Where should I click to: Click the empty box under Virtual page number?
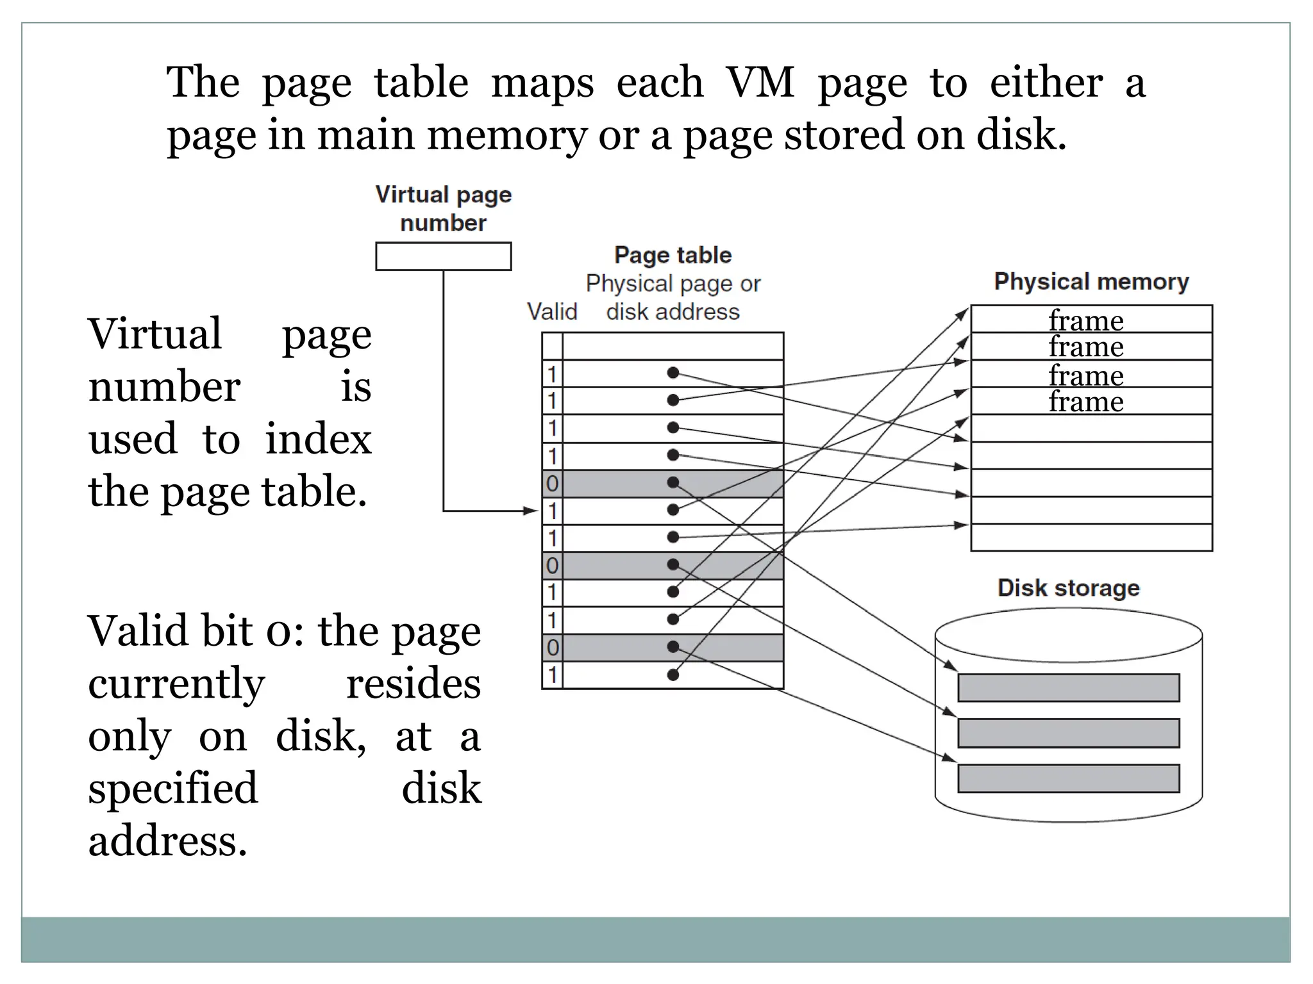click(443, 256)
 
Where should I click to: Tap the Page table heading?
click(673, 255)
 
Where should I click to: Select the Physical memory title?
click(1091, 282)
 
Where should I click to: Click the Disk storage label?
click(1068, 588)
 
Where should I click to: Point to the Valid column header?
click(551, 312)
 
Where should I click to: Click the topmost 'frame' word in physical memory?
click(1086, 320)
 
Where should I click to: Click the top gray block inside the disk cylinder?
click(1068, 687)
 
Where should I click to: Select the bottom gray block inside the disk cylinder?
click(1068, 778)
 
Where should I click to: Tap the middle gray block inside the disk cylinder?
click(1068, 733)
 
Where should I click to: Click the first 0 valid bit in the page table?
click(552, 484)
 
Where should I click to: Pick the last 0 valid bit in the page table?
click(552, 648)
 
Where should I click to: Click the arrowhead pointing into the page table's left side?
click(531, 511)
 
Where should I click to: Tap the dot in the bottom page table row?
click(673, 675)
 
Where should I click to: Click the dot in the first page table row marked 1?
click(673, 373)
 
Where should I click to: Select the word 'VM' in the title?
click(760, 83)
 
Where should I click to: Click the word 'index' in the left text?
click(319, 439)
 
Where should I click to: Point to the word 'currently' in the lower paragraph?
click(176, 684)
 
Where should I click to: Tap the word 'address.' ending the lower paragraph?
click(168, 841)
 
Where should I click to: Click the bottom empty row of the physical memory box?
click(1091, 538)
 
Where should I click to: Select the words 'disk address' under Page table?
click(673, 312)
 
